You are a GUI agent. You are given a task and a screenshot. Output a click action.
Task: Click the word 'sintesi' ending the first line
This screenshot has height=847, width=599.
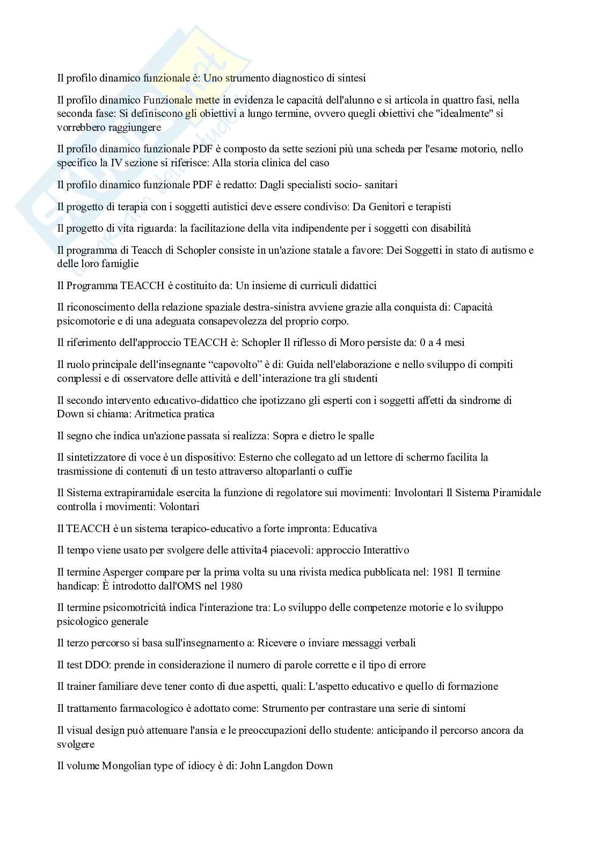(x=351, y=78)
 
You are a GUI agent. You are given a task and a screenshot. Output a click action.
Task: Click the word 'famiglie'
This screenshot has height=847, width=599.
(x=120, y=264)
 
